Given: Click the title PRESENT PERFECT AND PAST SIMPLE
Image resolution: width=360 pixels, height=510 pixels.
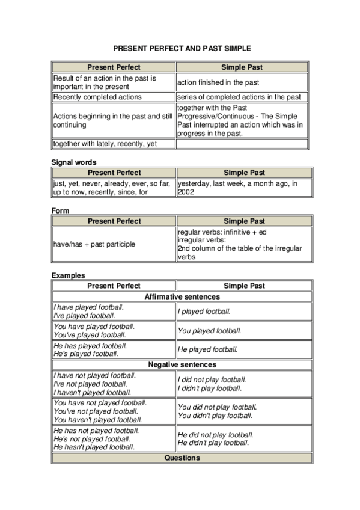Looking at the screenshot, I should coord(182,48).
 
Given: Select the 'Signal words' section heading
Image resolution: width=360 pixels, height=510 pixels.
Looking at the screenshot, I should coord(74,162).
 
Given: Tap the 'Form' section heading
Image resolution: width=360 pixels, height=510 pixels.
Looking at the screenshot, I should coord(61,210).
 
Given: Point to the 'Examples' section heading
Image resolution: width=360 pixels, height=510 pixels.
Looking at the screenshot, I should coord(68,275).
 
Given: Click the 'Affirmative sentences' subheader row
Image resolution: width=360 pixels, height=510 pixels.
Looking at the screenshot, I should coord(182,296).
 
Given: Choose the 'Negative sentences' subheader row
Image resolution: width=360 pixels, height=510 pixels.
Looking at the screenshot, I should coord(182,364).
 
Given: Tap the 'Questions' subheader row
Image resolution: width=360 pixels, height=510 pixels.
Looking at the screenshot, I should coord(182,458).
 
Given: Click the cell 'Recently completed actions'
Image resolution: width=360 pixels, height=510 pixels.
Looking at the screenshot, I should coord(97,97).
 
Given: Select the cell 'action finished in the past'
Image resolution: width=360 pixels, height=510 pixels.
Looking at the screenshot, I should coord(218,82).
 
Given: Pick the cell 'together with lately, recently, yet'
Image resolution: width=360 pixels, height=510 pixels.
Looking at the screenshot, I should coord(105,144).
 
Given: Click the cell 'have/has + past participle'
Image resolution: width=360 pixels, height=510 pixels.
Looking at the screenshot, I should coord(94,244).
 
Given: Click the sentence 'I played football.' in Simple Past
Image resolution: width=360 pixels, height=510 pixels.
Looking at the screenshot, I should coord(204,312).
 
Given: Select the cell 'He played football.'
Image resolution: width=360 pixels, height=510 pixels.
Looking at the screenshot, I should coord(208,349).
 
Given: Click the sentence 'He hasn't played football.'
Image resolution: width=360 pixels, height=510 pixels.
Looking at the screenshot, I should coord(94,447).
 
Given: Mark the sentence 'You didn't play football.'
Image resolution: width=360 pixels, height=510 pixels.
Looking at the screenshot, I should coord(215,416).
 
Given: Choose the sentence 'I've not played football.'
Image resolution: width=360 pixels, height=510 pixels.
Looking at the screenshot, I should coord(90,384).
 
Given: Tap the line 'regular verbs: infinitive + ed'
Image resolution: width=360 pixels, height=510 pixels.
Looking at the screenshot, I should coord(222,232).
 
